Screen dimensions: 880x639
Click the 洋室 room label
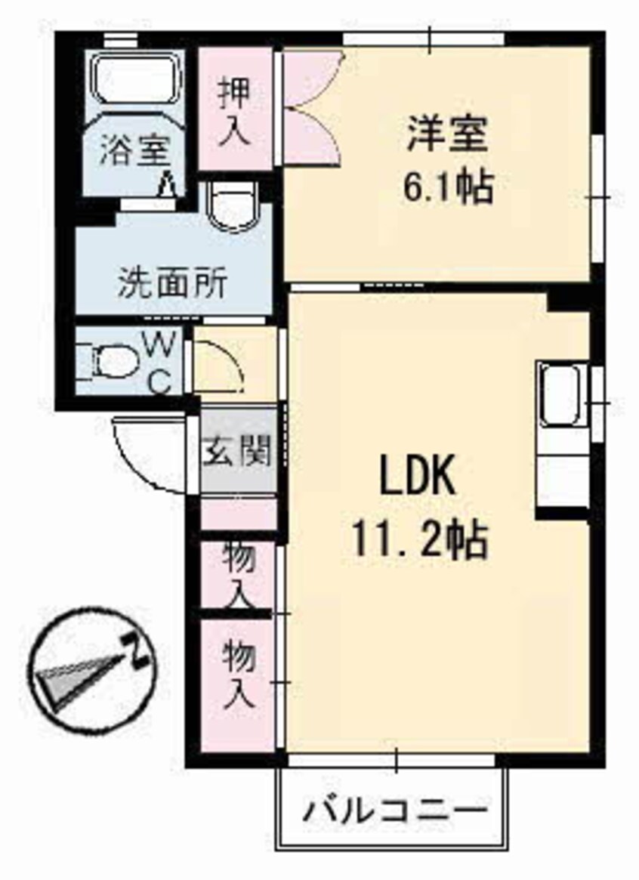point(447,137)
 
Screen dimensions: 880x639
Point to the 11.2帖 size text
point(418,539)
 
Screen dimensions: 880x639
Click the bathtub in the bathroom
point(135,79)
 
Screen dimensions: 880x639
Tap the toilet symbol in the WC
point(112,360)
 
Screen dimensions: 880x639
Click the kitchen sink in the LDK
point(560,396)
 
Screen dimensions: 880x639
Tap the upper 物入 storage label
point(239,574)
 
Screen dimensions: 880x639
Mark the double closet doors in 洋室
point(311,106)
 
